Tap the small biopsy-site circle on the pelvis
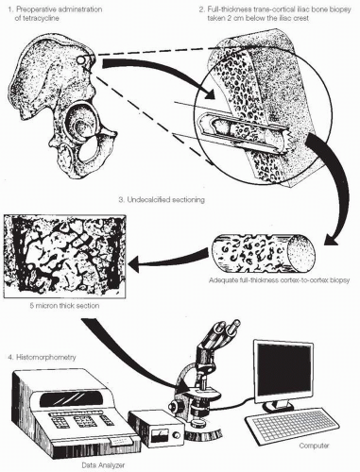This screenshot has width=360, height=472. pos(81,59)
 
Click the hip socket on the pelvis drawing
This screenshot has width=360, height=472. pos(79,124)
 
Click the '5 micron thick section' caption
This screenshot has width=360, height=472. pos(64,306)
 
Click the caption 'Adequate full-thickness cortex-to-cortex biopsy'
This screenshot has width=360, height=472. pos(279,280)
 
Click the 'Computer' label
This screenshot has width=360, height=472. pos(314,446)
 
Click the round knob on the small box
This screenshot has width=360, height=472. pos(177,435)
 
